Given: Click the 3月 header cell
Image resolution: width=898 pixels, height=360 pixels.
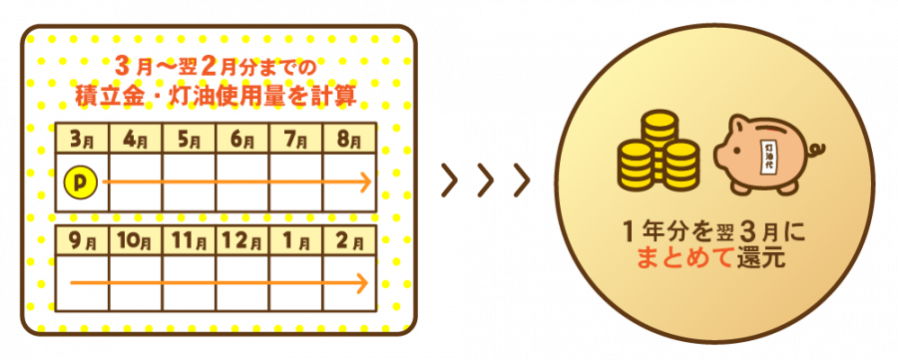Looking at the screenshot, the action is pos(82,138).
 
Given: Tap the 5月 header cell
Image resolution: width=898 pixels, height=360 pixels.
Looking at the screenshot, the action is pos(189,138).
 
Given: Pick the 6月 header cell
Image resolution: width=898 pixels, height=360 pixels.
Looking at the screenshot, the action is pos(242,138).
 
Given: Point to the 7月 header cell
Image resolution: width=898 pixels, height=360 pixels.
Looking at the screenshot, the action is pos(295,138).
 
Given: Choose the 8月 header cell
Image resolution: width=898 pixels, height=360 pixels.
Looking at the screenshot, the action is pos(349,138).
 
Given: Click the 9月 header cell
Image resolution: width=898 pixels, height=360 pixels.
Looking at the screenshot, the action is pos(82,241).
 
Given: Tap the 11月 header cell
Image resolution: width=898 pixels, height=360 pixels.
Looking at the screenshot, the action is pos(189,241).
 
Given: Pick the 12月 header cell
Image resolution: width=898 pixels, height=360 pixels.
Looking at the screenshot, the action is pos(242,241).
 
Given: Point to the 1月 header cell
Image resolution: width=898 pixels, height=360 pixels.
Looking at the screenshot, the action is pos(295,241).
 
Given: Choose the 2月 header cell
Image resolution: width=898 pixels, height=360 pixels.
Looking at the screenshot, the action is pos(349,241).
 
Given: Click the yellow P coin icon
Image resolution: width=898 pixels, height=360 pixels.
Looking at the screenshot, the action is pos(82,182).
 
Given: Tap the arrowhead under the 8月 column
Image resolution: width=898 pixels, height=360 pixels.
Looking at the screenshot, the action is pos(366,182).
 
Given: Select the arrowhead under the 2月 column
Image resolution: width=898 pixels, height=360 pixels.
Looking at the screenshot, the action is pos(362,283).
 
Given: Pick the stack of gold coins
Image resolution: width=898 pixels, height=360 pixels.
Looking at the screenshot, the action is pos(657,151).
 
